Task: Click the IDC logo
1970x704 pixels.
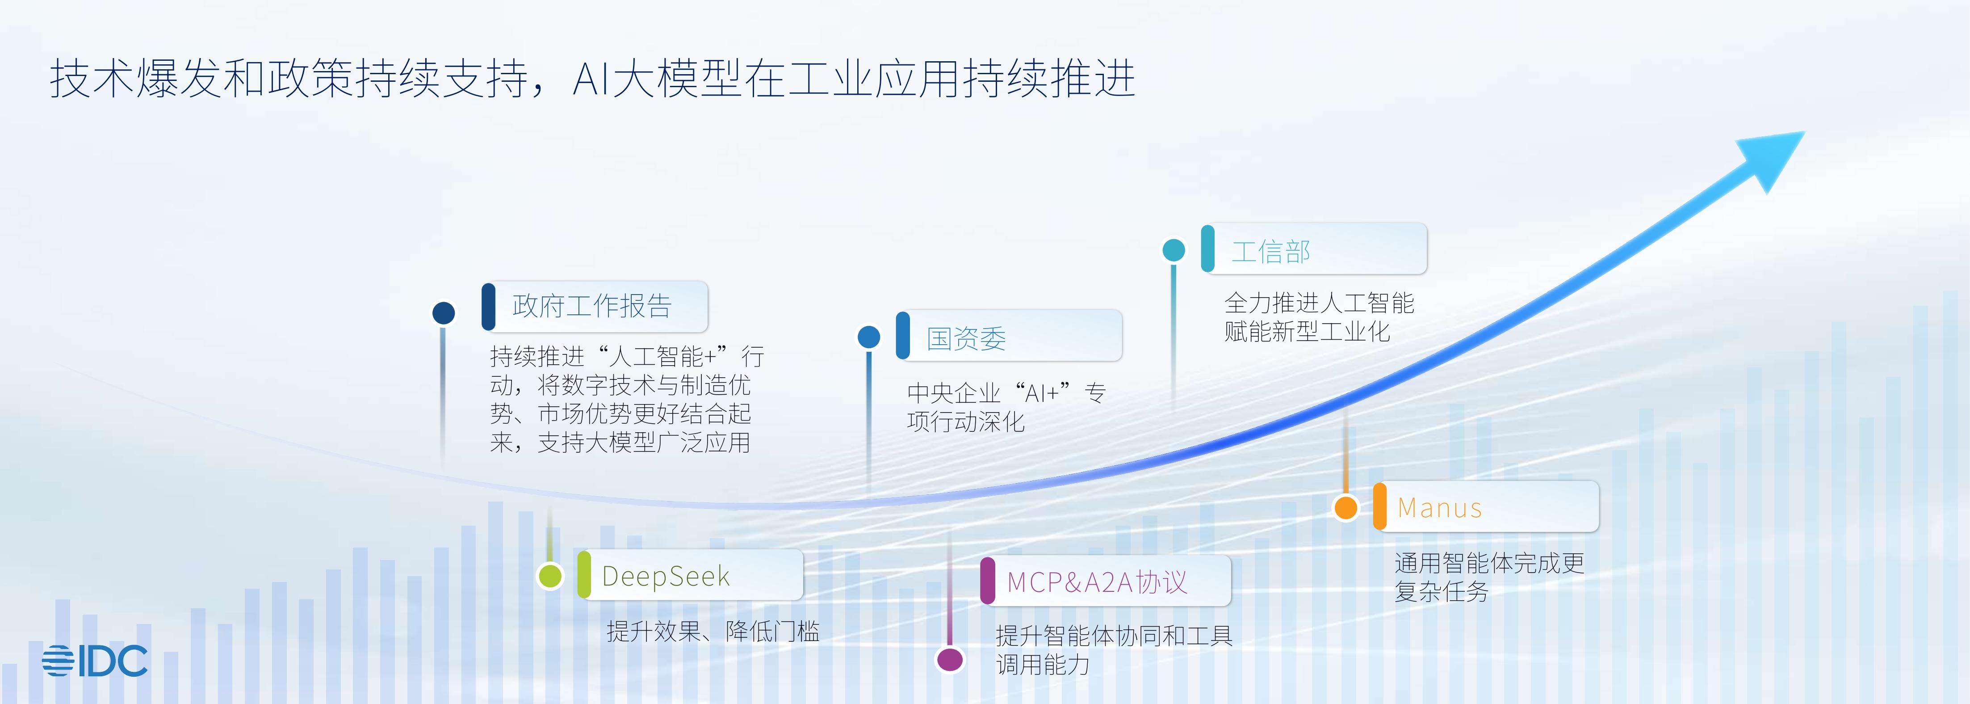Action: tap(95, 660)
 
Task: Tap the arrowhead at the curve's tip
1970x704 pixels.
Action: tap(1773, 157)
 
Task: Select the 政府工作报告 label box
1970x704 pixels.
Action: tap(595, 306)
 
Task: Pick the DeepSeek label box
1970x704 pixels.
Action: tap(690, 575)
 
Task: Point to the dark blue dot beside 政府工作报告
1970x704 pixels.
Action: tap(444, 312)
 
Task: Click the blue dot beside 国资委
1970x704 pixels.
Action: tap(869, 337)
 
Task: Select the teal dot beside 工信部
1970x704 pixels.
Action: tap(1174, 249)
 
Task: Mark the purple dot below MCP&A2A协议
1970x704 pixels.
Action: tap(950, 659)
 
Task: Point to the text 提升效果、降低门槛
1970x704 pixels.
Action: tap(713, 631)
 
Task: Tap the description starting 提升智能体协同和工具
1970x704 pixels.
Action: tap(1114, 649)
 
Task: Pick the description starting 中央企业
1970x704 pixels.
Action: tap(1006, 407)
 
